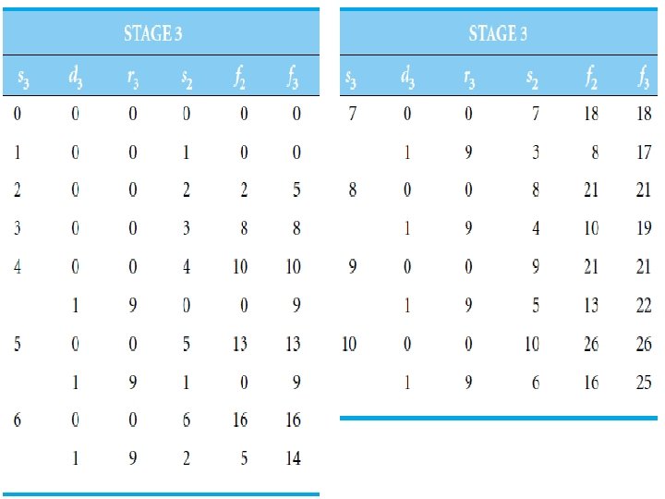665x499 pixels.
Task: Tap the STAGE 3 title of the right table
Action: pos(498,34)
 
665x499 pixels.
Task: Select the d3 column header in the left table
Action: pos(75,77)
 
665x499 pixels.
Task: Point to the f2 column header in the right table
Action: pos(590,77)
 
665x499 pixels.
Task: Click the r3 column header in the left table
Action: pos(132,77)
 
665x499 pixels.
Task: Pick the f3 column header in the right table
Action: pos(644,77)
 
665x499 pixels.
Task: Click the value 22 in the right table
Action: pos(644,306)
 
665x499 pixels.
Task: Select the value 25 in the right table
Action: pos(644,383)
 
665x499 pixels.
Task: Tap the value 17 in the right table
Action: pos(644,153)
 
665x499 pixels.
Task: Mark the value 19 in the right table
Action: pos(644,229)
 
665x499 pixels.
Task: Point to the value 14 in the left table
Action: pos(293,458)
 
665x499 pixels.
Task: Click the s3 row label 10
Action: pos(349,344)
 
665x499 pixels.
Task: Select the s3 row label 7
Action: pos(351,115)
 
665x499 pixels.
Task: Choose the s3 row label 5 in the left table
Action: pos(18,344)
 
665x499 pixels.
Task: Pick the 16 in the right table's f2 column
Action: pos(590,383)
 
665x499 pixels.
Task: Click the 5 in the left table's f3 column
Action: pos(296,191)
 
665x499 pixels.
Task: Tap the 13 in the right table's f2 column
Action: pos(590,306)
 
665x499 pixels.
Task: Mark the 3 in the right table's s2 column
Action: pos(536,153)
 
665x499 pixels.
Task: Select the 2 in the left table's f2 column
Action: pos(243,191)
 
